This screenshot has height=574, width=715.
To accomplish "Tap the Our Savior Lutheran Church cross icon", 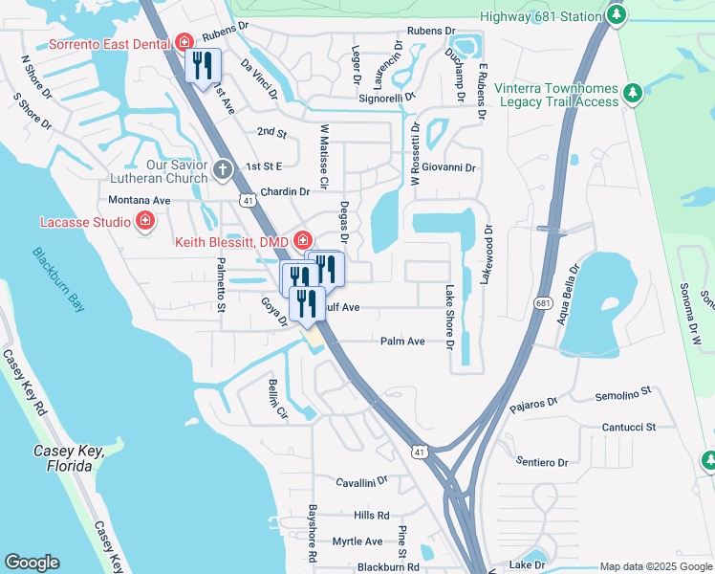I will [x=222, y=170].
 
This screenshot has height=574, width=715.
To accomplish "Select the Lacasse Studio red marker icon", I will [x=144, y=221].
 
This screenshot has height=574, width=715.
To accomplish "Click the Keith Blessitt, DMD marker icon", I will [x=303, y=240].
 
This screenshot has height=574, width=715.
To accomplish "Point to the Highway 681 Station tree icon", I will [x=617, y=15].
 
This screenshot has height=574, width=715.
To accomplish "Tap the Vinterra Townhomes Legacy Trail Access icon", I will [x=631, y=93].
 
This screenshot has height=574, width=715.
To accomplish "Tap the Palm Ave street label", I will [x=402, y=341].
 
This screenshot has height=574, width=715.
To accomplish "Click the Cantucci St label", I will [x=628, y=427].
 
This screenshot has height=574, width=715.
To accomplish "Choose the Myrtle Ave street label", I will [x=357, y=541].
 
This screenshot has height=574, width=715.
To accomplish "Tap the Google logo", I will [x=32, y=563].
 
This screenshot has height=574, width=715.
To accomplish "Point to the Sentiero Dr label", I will [x=541, y=462].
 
